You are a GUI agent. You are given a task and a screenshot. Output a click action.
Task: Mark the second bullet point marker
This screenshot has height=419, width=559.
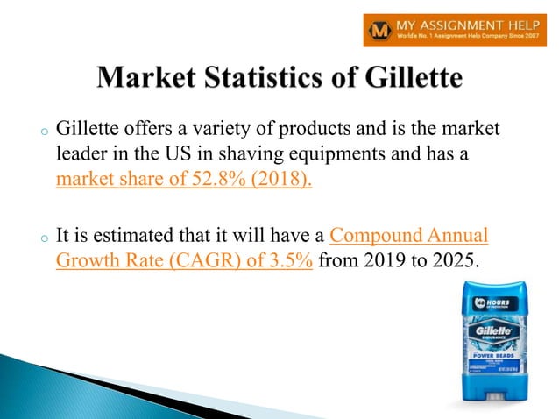(x=41, y=238)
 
